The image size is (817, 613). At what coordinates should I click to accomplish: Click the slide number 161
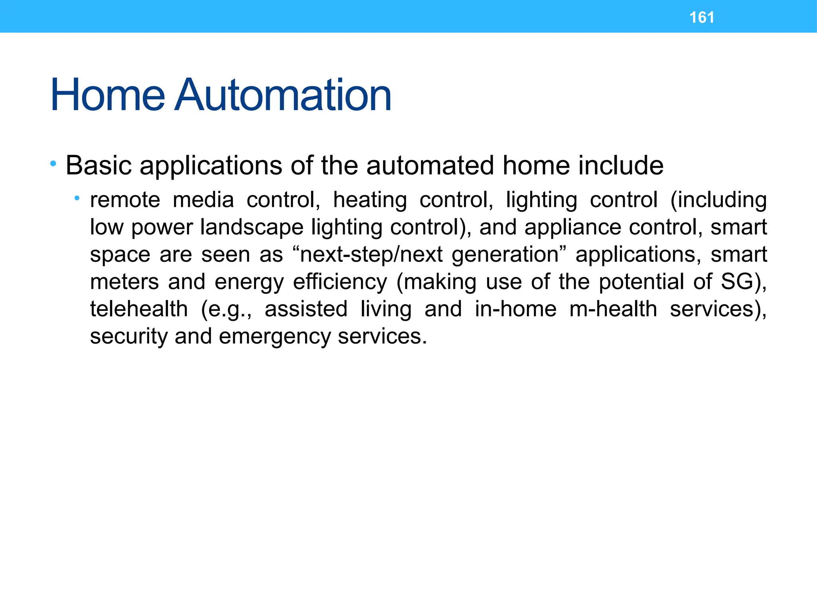[702, 18]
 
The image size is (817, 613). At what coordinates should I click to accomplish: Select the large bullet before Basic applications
[53, 163]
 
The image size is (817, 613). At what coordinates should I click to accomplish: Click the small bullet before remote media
[77, 198]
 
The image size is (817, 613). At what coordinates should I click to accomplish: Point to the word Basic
[99, 165]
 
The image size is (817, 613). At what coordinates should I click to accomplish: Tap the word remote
[125, 200]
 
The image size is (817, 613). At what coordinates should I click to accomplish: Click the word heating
[370, 200]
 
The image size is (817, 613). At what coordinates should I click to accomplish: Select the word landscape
[252, 227]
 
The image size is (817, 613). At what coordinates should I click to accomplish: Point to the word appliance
[572, 227]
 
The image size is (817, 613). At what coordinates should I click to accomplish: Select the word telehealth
[139, 309]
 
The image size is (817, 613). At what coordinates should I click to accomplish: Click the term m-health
[613, 309]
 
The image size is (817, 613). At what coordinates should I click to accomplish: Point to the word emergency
[275, 337]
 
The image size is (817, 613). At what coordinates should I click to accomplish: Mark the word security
[128, 337]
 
